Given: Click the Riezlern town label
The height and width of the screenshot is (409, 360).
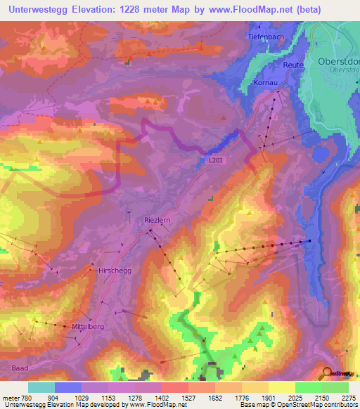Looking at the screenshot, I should pos(157,219).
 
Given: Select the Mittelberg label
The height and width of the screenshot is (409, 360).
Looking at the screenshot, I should pos(88,327).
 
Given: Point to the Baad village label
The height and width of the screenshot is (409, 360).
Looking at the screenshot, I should pos(21,367).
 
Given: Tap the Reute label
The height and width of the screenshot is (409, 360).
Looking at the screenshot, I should pos(293,65).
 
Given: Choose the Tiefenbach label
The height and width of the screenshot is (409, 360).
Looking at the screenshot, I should pos(265,36).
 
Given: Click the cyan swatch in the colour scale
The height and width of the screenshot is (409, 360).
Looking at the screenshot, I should pos(41,387).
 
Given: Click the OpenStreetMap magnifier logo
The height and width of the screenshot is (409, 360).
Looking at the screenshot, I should pos(328,373).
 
